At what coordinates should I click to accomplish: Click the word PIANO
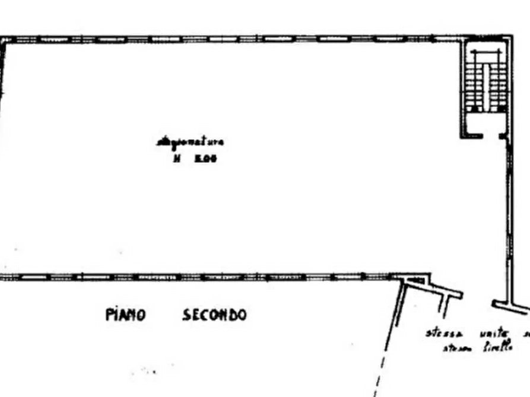[x=126, y=314]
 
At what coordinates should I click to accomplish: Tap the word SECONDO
[x=214, y=314]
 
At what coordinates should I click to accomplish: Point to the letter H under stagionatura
[x=176, y=158]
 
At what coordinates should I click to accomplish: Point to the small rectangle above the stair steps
[x=485, y=56]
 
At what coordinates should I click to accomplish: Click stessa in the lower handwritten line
[x=455, y=348]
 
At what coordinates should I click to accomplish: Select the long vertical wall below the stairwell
[x=509, y=219]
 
